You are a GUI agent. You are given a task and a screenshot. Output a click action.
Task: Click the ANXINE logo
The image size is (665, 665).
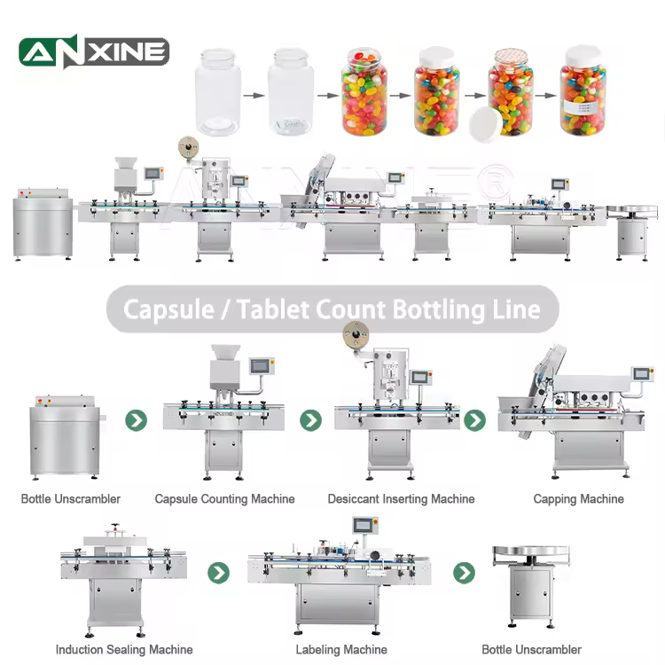[x=94, y=51]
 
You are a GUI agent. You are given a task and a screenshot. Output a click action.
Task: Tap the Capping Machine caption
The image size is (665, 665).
[x=578, y=499]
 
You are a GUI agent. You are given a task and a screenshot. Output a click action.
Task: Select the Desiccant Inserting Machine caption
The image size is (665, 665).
[x=401, y=499]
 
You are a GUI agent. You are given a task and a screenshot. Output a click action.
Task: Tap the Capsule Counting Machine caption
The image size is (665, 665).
[x=224, y=499]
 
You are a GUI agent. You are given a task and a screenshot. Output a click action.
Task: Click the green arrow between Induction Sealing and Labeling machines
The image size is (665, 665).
[x=218, y=573]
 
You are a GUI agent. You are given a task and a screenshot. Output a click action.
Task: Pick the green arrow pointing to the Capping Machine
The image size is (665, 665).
[x=474, y=420]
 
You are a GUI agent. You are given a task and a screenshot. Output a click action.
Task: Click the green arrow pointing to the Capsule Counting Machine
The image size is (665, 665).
[x=136, y=420]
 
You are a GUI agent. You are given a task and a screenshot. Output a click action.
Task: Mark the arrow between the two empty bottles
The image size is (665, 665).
[x=254, y=91]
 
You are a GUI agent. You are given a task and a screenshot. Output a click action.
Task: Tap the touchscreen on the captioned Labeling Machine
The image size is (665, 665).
[x=364, y=525]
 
